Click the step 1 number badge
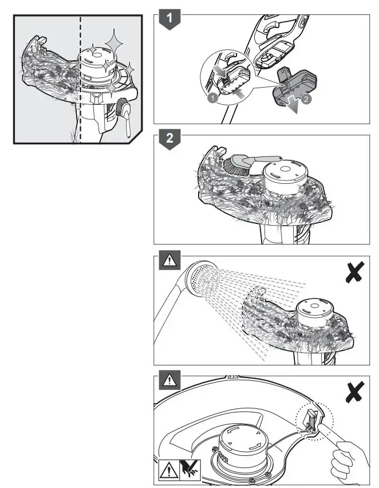169,19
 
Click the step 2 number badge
169,139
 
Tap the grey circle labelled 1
212,98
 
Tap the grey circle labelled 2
306,99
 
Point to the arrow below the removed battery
293,107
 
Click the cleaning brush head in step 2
233,165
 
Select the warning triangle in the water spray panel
169,260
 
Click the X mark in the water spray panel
355,272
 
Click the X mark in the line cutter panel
355,392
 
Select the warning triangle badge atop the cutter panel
169,380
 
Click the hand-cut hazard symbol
190,470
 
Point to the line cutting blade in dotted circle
312,420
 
